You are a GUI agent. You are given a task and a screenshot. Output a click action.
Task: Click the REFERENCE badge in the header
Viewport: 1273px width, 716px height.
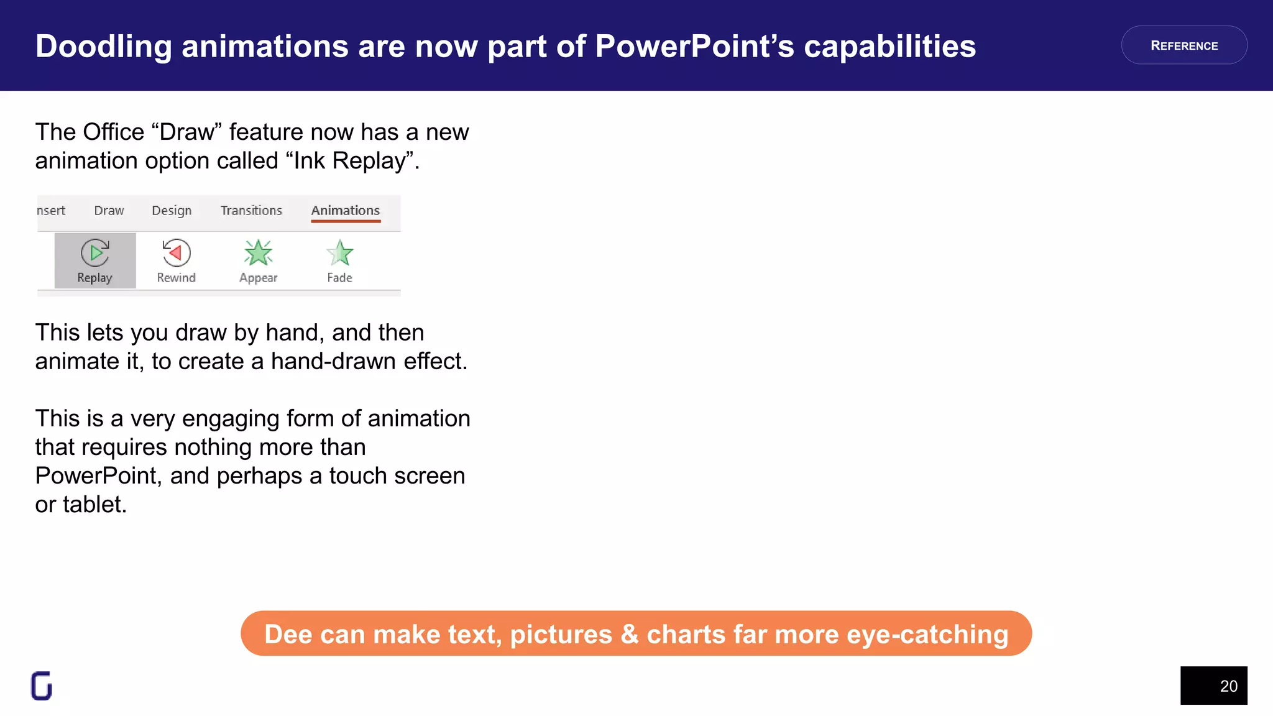(1183, 45)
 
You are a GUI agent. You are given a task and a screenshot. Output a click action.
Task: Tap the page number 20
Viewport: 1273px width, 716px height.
(1228, 686)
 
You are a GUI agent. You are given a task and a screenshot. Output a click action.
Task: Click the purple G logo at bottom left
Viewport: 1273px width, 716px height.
(42, 686)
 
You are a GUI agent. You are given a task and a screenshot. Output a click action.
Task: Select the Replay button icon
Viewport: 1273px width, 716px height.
(95, 253)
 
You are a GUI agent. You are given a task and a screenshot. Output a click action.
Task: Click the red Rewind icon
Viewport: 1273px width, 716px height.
(177, 252)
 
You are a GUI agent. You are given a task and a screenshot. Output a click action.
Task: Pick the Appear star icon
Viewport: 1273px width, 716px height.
(258, 252)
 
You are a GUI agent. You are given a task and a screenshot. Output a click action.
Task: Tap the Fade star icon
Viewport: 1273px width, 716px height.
(339, 252)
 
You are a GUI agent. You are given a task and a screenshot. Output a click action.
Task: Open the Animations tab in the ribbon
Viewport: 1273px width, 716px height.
(345, 211)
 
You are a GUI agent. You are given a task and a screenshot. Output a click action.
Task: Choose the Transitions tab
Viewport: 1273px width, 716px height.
(251, 211)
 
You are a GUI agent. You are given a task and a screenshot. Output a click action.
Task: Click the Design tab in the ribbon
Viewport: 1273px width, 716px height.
(172, 211)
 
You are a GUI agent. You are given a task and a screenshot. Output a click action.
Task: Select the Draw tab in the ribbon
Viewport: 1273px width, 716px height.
(109, 211)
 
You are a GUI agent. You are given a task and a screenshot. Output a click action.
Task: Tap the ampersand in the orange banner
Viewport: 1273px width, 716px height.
(629, 635)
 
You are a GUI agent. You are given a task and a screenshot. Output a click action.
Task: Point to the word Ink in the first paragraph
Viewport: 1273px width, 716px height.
(309, 161)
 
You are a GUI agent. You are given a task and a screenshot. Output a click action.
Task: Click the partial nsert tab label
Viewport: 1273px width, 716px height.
(51, 211)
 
